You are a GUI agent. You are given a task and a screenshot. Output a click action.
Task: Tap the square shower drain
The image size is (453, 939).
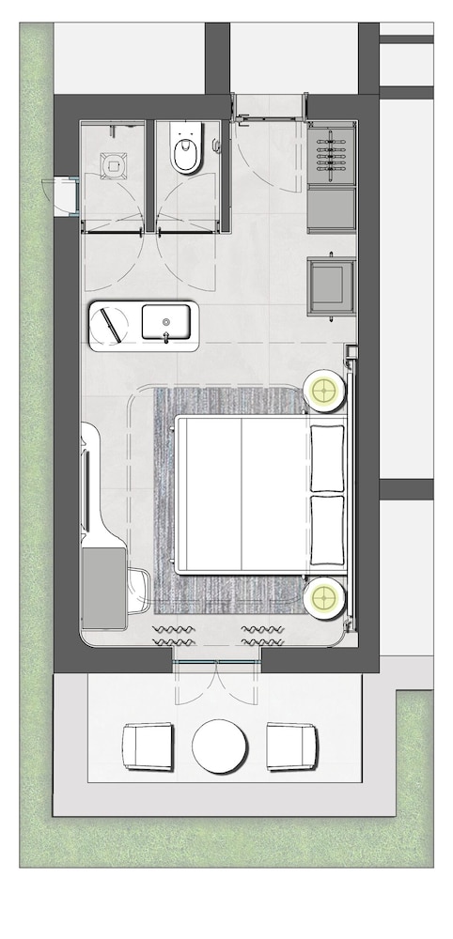pyautogui.click(x=114, y=164)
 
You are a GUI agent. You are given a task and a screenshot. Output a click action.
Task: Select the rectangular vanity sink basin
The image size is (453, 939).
pyautogui.click(x=168, y=323)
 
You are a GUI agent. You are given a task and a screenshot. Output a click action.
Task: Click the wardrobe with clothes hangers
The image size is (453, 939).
pyautogui.click(x=333, y=154)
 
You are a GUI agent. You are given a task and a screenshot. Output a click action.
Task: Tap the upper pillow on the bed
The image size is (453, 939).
pyautogui.click(x=327, y=457)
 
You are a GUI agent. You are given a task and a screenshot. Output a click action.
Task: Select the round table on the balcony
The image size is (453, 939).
pyautogui.click(x=220, y=747)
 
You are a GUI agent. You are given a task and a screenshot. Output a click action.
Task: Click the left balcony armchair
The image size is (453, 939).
pyautogui.click(x=148, y=746)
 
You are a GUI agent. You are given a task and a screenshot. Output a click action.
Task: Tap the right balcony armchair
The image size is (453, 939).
pyautogui.click(x=291, y=746)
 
